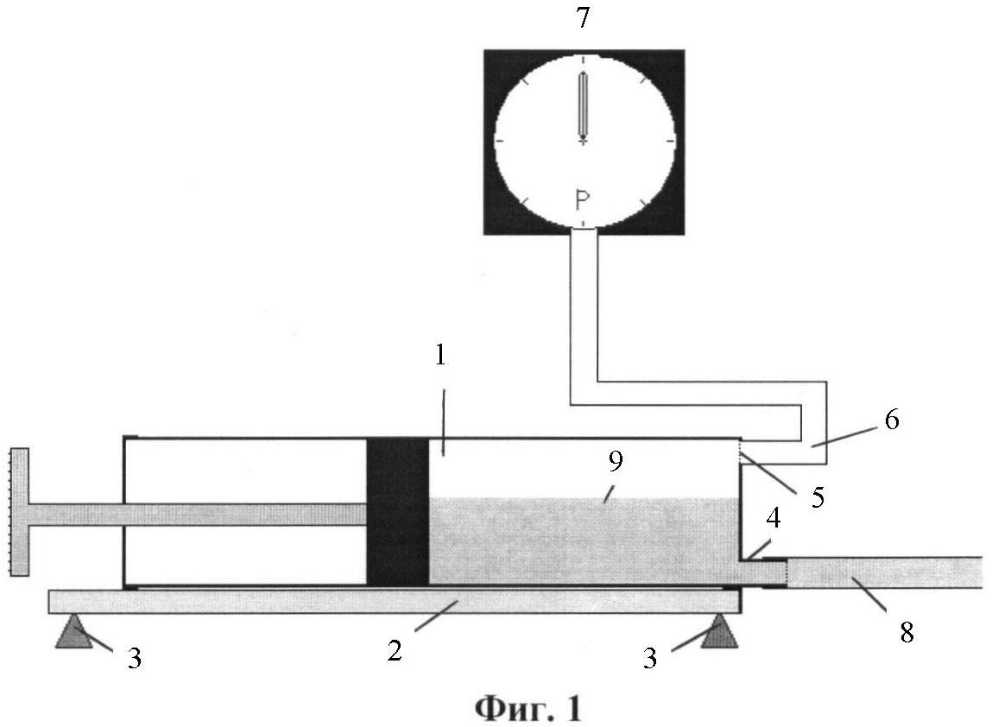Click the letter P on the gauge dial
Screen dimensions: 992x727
point(582,200)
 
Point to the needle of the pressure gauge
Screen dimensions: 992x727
point(582,106)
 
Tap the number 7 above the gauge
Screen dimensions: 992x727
point(583,18)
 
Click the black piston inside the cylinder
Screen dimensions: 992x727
point(398,511)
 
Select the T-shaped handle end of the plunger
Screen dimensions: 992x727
point(20,512)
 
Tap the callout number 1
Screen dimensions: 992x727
point(441,356)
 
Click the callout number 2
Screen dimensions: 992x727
point(395,650)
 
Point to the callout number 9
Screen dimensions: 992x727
point(616,462)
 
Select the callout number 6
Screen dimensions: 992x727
point(891,420)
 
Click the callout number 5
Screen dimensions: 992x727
point(818,498)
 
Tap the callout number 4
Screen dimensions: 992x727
point(773,518)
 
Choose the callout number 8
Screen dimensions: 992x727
point(907,633)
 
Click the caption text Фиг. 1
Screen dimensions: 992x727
point(528,709)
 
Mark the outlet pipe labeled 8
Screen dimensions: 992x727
point(884,572)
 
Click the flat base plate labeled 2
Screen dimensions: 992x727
point(395,602)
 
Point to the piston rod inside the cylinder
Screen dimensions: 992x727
point(198,515)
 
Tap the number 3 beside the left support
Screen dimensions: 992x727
point(134,659)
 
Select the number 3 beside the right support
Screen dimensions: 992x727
point(650,659)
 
